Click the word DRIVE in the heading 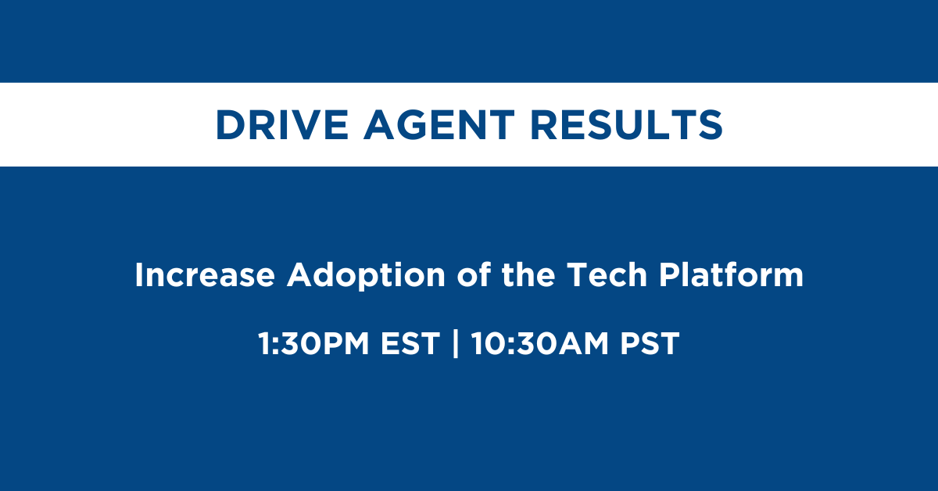coord(282,125)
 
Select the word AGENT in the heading coord(439,125)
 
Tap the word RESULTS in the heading coord(626,125)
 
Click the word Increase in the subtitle coord(205,275)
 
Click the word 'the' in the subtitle coord(528,274)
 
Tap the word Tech coord(607,274)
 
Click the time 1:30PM coord(313,343)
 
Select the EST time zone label coord(410,343)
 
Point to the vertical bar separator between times coord(456,343)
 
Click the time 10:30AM coord(540,343)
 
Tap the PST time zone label coord(650,343)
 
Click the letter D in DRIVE coord(231,125)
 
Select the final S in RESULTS coord(711,125)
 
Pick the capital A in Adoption coord(300,275)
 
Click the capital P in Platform coord(669,275)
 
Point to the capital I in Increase coord(138,275)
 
